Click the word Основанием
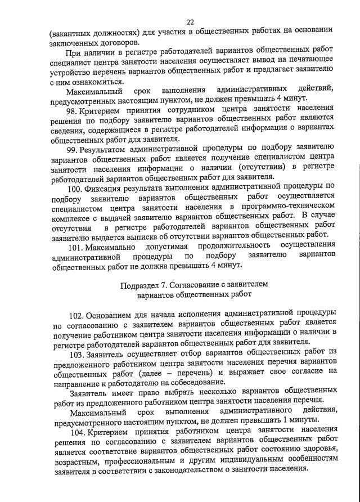point(115,313)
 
